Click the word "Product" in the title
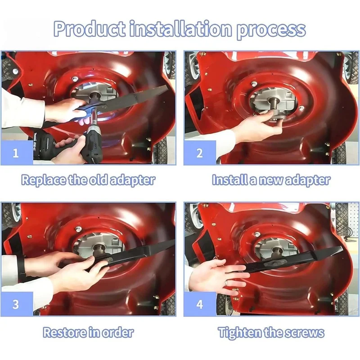(90, 29)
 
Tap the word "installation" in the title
(181, 29)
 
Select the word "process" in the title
(271, 30)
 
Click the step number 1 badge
(17, 153)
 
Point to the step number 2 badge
(200, 153)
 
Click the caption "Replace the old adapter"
(88, 180)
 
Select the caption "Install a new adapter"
(271, 180)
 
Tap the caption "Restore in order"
(88, 332)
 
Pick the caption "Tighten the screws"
(271, 332)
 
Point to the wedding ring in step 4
(226, 283)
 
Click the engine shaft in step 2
(273, 103)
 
